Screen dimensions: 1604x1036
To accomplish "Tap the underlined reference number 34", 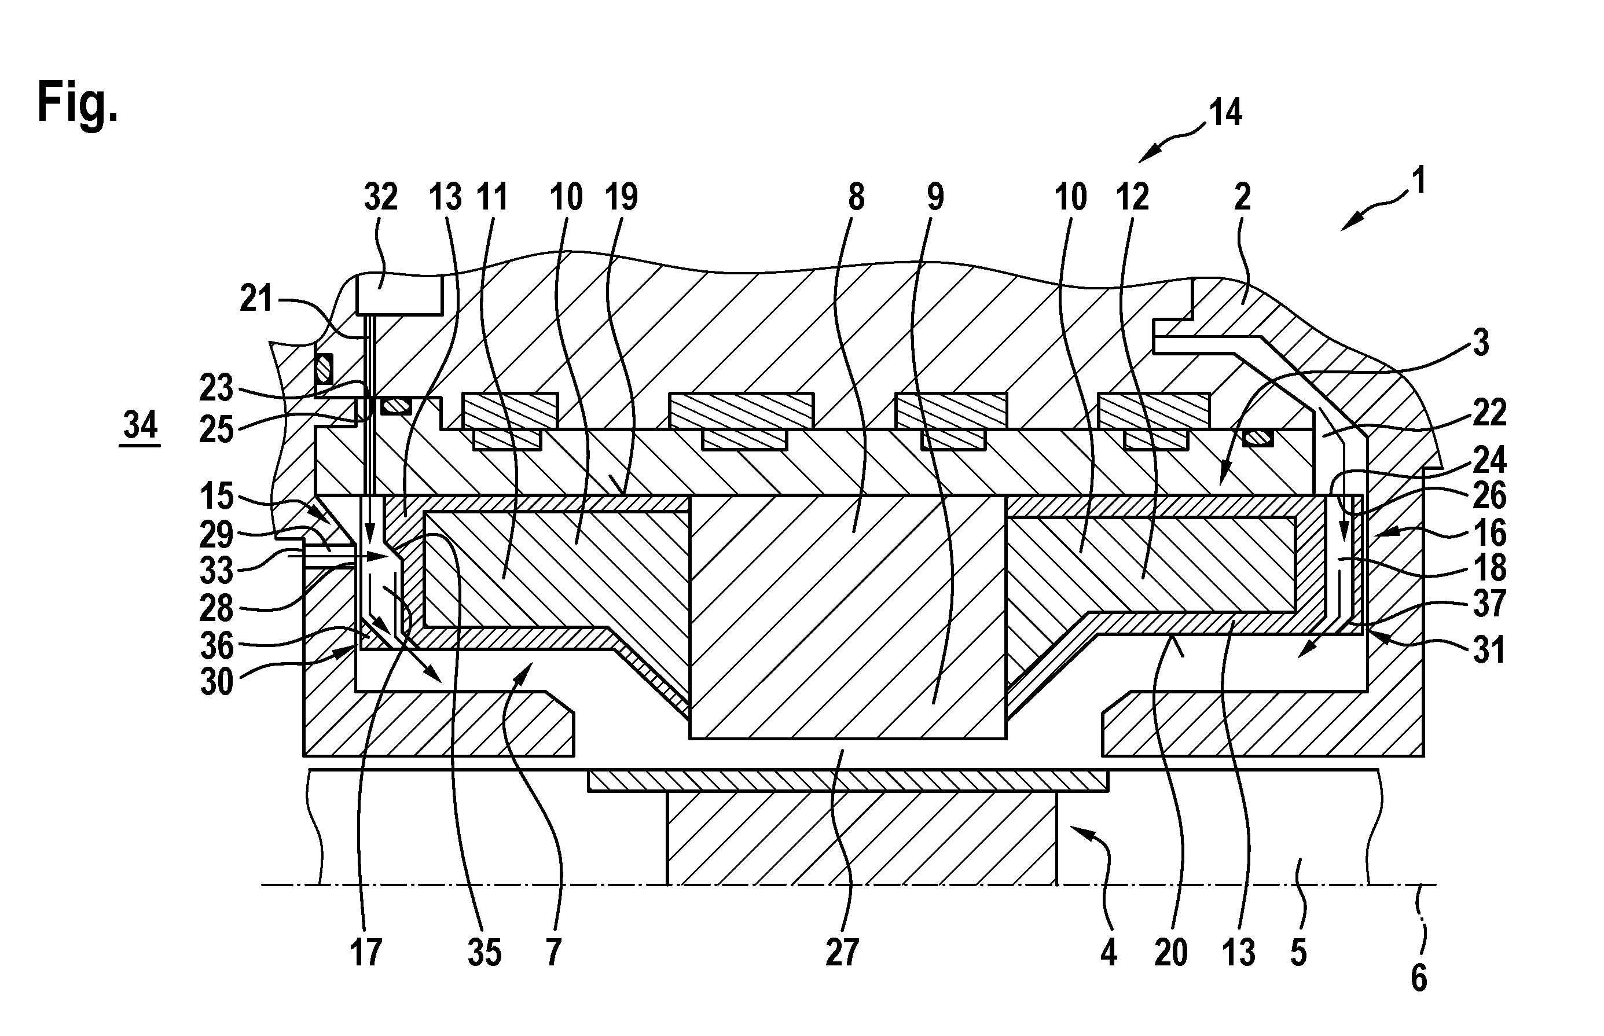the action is pyautogui.click(x=140, y=425).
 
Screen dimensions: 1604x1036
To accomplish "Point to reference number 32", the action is pyautogui.click(x=381, y=198).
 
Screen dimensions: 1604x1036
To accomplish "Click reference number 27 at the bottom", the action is pyautogui.click(x=842, y=953).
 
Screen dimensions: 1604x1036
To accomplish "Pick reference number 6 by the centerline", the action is pyautogui.click(x=1418, y=979).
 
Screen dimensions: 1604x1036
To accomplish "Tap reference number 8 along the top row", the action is pyautogui.click(x=856, y=198).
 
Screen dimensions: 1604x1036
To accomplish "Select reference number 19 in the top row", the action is pyautogui.click(x=621, y=198).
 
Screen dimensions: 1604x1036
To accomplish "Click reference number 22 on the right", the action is pyautogui.click(x=1488, y=413).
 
